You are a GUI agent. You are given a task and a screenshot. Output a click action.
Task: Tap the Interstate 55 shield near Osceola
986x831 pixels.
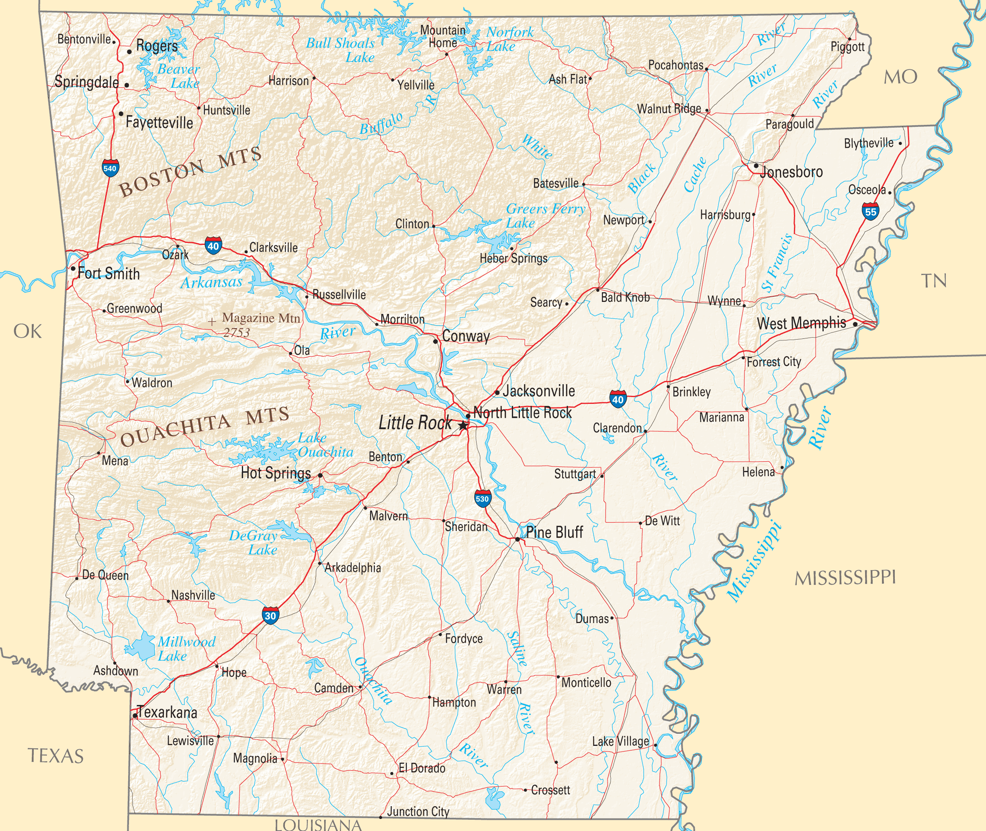click(x=870, y=212)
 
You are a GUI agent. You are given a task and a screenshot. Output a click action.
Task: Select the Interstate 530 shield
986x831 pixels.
click(x=482, y=499)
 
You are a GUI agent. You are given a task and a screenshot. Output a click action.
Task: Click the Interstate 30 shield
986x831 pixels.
click(x=270, y=616)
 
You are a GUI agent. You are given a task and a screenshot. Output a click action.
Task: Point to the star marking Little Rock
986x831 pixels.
click(x=463, y=426)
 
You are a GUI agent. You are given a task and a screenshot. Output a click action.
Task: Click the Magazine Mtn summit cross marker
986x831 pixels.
click(x=212, y=322)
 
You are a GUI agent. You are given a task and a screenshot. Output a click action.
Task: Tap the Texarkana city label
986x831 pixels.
click(x=167, y=712)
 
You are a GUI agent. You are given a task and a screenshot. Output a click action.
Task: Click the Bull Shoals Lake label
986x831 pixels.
click(x=340, y=50)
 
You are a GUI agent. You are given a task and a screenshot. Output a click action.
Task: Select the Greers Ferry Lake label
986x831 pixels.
click(x=545, y=215)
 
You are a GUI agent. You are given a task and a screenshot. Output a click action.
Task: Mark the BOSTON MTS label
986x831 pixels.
click(x=190, y=171)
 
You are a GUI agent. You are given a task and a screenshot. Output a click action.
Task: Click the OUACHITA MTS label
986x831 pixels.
click(x=204, y=426)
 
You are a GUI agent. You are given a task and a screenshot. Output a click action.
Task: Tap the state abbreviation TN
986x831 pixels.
click(x=934, y=281)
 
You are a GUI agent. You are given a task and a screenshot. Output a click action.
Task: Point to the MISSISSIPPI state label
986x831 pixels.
click(x=845, y=578)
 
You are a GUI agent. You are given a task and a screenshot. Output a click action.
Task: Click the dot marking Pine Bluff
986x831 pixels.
click(x=517, y=539)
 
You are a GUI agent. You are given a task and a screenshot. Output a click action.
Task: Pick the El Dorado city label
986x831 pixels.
click(x=421, y=768)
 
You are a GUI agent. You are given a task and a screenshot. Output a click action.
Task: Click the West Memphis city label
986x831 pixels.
click(x=801, y=323)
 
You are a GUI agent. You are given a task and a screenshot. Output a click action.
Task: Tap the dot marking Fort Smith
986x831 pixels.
click(x=73, y=269)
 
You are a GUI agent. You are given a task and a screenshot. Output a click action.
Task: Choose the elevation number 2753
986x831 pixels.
click(x=236, y=332)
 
